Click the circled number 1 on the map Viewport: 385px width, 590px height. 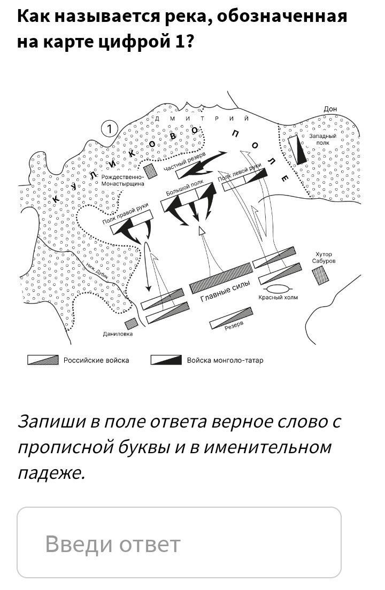[x=110, y=129]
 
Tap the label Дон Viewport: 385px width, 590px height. [x=330, y=109]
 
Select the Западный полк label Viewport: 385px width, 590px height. [x=323, y=139]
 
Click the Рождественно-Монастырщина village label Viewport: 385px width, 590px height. [x=122, y=180]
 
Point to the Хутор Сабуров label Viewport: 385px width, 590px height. [x=324, y=258]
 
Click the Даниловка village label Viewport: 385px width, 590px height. [x=118, y=334]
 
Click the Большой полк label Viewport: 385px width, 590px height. [x=184, y=187]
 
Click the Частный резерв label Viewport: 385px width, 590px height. [x=184, y=162]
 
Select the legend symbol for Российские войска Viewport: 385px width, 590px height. [x=43, y=360]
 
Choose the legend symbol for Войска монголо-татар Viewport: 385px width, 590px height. [x=166, y=360]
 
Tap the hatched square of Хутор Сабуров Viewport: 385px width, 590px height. [x=321, y=275]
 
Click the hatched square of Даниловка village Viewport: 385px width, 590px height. [x=130, y=323]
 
